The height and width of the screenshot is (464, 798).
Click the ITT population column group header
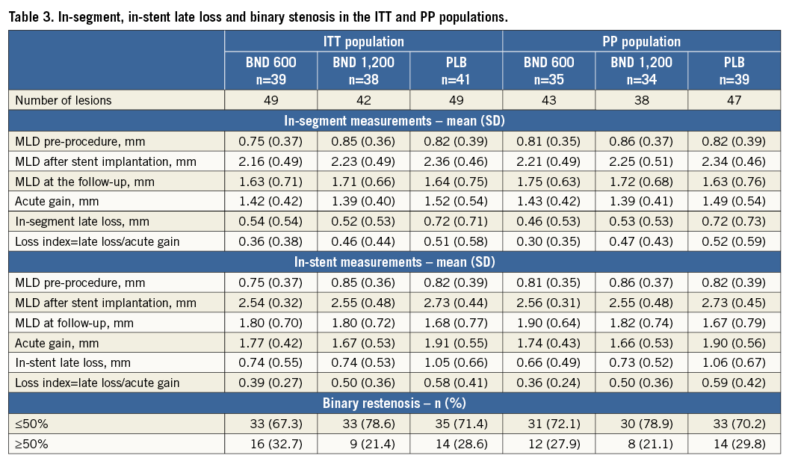point(364,41)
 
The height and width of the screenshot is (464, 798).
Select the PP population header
point(642,41)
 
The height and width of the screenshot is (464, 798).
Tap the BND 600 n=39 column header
point(271,70)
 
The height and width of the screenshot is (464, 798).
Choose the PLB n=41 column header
point(457,70)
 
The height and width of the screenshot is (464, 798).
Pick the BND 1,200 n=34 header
point(642,70)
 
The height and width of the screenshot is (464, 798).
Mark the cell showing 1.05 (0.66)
point(457,362)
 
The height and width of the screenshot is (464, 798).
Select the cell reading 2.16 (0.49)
point(271,161)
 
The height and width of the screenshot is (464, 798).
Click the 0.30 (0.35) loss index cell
point(549,241)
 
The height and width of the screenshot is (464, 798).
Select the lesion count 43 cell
point(549,100)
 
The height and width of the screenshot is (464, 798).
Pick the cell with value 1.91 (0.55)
point(457,342)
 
